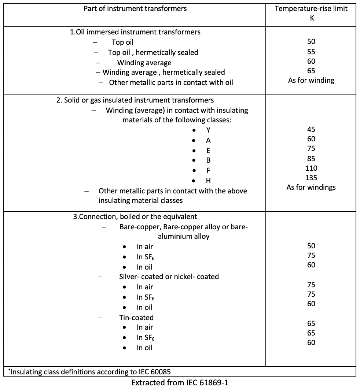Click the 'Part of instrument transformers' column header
135,8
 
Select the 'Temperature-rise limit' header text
311,8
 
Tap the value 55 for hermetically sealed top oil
311,52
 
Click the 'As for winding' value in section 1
311,80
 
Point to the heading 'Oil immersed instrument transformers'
135,32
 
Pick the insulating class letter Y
208,130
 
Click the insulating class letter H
208,181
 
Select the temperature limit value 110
311,168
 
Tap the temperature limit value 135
311,178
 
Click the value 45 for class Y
311,129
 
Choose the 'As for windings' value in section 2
311,187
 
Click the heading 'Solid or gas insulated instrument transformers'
135,100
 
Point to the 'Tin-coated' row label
136,318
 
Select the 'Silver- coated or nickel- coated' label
169,277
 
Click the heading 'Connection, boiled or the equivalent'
135,216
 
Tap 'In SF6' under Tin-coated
146,338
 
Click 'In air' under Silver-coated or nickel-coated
145,287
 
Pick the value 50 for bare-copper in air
311,246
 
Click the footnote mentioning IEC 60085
90,371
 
